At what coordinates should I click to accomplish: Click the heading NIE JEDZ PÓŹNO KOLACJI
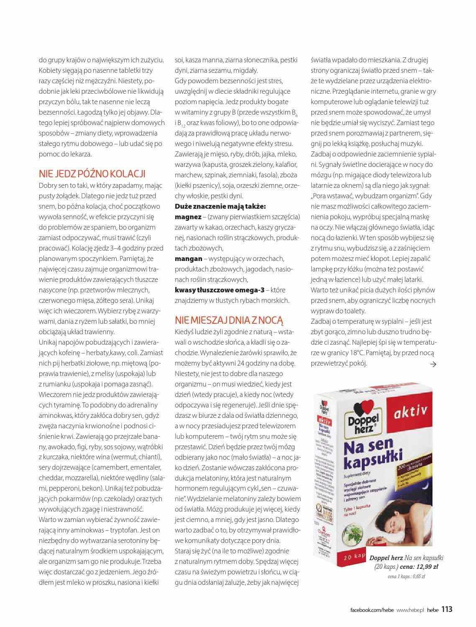[92, 174]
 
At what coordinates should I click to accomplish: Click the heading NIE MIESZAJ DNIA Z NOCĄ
[229, 320]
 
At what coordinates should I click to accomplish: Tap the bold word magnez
[188, 217]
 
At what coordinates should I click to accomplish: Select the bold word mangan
[188, 258]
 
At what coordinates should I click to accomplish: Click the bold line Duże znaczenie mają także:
[220, 206]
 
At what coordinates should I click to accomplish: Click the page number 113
[447, 609]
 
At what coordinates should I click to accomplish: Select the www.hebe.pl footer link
[409, 610]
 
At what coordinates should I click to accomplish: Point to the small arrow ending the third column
[433, 364]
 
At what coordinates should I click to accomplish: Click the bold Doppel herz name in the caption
[386, 558]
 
